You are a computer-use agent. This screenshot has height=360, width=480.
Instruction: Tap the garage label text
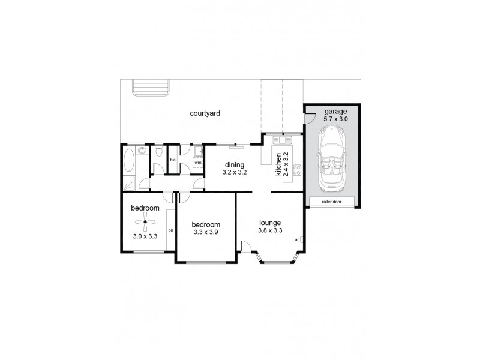335,112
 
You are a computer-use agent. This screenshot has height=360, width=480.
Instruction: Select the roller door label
331,202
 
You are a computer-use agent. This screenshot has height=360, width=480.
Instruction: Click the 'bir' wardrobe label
171,230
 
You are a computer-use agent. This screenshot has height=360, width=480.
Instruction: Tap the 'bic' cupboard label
173,160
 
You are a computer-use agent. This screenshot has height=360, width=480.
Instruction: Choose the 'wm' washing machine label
197,163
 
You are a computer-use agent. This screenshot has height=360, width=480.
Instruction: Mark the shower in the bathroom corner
130,182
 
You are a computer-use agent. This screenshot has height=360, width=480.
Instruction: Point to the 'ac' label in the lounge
297,240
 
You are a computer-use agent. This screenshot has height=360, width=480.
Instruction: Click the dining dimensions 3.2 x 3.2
235,173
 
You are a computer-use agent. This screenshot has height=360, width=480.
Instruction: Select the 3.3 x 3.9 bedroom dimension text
206,232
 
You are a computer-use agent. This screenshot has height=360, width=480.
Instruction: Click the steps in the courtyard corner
151,88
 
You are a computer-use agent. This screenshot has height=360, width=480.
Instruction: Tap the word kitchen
278,164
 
